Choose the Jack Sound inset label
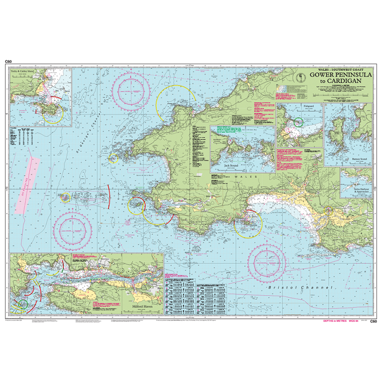click(x=232, y=166)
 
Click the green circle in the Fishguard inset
click(x=299, y=121)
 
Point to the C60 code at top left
click(x=8, y=61)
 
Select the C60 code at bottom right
click(x=373, y=322)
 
